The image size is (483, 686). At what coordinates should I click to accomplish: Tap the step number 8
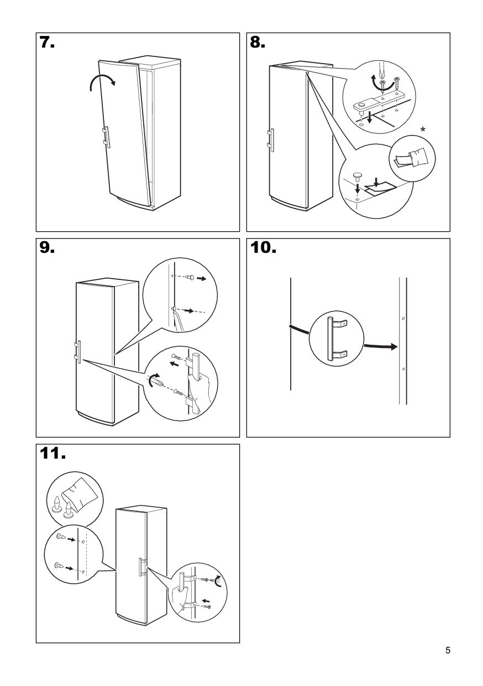pyautogui.click(x=258, y=43)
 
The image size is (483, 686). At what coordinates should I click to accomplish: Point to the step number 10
pyautogui.click(x=264, y=248)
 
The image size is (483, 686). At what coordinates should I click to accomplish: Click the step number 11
pyautogui.click(x=52, y=454)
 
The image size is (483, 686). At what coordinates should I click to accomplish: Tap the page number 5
pyautogui.click(x=448, y=651)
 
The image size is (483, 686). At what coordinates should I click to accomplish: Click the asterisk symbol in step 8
pyautogui.click(x=423, y=129)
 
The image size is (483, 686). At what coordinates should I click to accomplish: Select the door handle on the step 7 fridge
pyautogui.click(x=106, y=137)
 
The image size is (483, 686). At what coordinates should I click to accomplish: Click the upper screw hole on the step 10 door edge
pyautogui.click(x=403, y=319)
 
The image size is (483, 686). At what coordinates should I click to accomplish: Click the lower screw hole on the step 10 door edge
pyautogui.click(x=403, y=368)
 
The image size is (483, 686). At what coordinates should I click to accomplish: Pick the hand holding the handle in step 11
pyautogui.click(x=180, y=597)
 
